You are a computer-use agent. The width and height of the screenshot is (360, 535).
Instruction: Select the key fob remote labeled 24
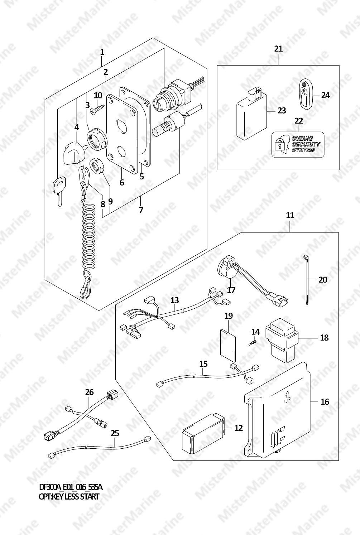pos(307,93)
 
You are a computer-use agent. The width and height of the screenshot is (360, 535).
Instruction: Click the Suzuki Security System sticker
pos(298,145)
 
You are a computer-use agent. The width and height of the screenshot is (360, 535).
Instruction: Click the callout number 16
pos(325,402)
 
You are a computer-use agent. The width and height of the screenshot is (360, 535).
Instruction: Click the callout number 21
pos(278,49)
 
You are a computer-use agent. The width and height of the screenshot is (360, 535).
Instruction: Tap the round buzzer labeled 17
pos(226,268)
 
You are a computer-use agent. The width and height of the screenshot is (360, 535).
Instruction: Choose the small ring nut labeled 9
pos(97,165)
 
